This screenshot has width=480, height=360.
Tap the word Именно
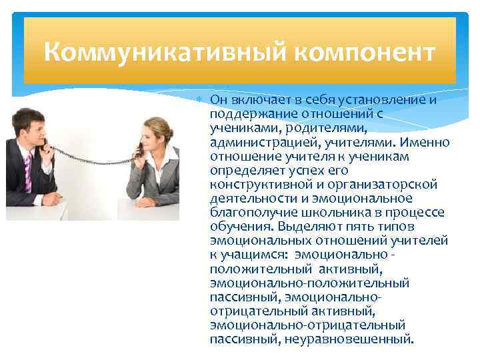click(427, 142)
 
